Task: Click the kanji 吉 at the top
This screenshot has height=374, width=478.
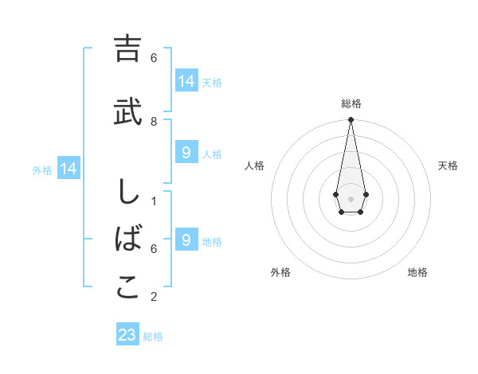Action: [127, 49]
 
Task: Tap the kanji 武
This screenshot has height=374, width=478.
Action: [127, 112]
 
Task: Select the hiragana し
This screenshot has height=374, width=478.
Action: [127, 193]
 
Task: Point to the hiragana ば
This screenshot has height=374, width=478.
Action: [127, 240]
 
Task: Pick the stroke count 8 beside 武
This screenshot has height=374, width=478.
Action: [154, 121]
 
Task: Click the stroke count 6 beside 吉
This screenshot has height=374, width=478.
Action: [154, 58]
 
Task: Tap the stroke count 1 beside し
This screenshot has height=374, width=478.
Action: [154, 201]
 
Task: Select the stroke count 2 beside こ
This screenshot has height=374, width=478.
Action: [154, 297]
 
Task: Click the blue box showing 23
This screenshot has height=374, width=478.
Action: [127, 335]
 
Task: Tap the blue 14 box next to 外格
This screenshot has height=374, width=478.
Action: [69, 169]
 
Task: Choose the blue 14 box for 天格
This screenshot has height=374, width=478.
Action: [186, 80]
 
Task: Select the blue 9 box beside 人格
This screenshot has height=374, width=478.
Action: [186, 152]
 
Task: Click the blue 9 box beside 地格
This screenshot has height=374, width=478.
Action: [186, 240]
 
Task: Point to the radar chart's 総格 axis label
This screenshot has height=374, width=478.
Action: [351, 103]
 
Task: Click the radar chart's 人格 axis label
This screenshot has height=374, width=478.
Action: [255, 166]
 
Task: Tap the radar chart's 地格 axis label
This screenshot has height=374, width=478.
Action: [417, 272]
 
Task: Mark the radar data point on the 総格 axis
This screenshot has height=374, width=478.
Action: [351, 120]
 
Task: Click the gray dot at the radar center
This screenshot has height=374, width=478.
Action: [351, 198]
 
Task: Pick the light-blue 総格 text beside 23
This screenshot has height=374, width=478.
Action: [153, 337]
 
